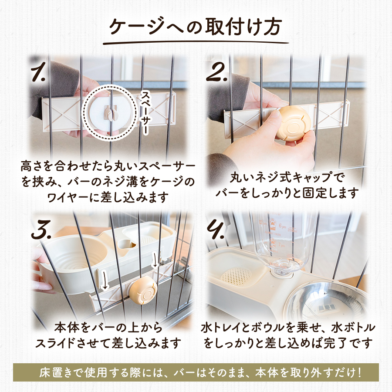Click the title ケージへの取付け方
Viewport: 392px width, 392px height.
196,26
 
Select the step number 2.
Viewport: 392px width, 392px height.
216,72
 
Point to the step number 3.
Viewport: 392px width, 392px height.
41,229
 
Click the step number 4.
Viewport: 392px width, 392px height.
216,229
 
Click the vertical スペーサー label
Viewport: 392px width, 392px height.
145,112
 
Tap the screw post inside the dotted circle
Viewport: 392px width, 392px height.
111,113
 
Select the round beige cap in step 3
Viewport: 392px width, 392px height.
143,290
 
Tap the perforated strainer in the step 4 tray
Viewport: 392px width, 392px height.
236,277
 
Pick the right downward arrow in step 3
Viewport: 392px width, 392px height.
155,260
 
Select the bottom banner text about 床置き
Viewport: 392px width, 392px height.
200,372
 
